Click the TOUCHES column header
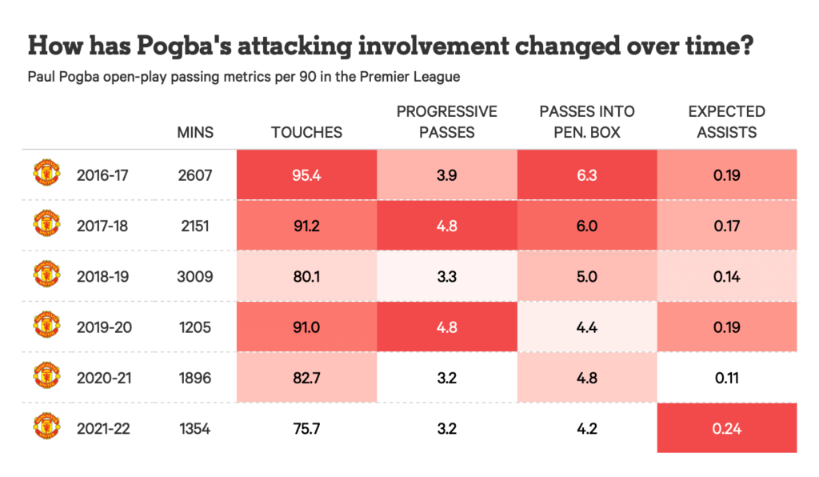(x=306, y=132)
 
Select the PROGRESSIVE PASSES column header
(x=446, y=122)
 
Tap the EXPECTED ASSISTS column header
(x=726, y=122)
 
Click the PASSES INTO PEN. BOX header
(x=586, y=122)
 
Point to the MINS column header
(x=195, y=132)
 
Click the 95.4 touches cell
(x=306, y=174)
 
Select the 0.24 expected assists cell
(x=726, y=428)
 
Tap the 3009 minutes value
(x=195, y=276)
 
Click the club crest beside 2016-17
(x=46, y=173)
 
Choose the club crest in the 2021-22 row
(x=46, y=427)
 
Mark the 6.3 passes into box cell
(x=586, y=174)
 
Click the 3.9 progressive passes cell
(x=446, y=174)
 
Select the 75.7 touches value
(x=306, y=428)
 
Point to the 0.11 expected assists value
(x=726, y=378)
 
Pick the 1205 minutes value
(x=195, y=327)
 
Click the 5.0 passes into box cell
(x=586, y=276)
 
